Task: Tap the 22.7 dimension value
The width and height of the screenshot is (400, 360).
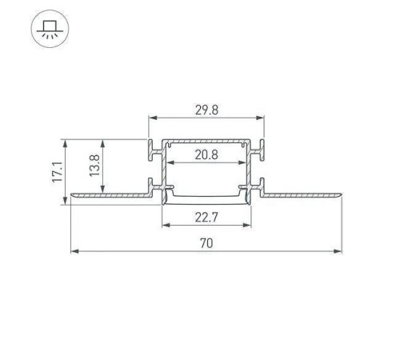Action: coord(206,214)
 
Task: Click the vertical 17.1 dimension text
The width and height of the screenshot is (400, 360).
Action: coord(56,172)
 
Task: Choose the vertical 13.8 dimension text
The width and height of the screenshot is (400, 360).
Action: coord(93,166)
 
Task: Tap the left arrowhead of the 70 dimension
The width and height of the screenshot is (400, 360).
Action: coord(74,252)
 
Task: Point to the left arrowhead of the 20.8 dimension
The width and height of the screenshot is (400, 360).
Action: coord(169,162)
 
